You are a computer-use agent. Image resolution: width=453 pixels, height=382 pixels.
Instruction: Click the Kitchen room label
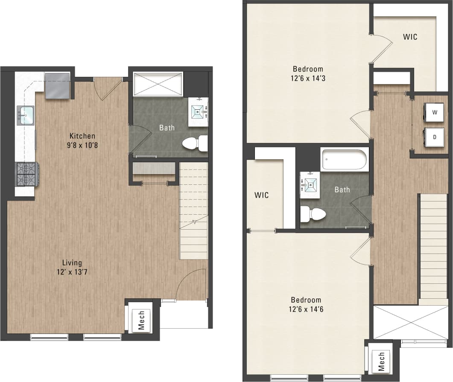click(82, 136)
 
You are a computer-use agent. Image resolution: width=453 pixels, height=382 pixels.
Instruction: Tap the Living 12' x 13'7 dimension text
click(72, 271)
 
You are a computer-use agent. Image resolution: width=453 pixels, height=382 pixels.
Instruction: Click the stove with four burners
click(27, 174)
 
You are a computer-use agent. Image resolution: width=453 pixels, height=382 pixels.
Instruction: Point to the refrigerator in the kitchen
click(57, 85)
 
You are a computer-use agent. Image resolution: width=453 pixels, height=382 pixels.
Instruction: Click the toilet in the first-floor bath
click(195, 143)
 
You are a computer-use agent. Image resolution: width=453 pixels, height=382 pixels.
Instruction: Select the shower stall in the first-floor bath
click(158, 84)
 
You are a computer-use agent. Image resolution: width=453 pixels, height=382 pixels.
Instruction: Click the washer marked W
click(434, 113)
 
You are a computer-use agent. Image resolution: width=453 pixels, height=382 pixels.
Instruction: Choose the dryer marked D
click(434, 137)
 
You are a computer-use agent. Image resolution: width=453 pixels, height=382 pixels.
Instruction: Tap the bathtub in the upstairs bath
click(345, 160)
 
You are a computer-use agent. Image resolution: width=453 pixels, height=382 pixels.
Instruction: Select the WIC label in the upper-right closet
click(410, 37)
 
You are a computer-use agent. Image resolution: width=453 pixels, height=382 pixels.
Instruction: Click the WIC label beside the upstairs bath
click(261, 195)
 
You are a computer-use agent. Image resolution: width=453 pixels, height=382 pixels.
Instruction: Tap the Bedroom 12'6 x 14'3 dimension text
click(307, 79)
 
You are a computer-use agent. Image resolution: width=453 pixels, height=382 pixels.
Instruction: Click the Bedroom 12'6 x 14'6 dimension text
click(306, 309)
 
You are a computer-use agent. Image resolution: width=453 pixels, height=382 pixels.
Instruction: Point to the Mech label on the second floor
click(381, 361)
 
